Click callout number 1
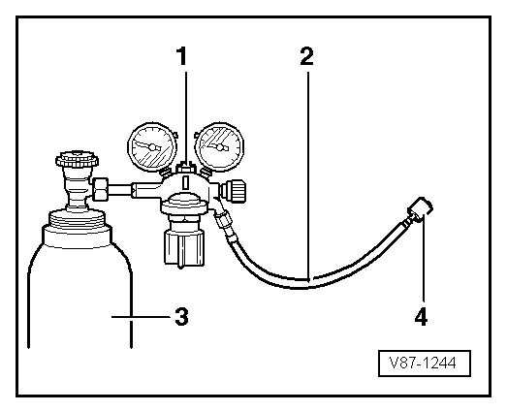(181, 56)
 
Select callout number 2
(306, 56)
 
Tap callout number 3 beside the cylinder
(181, 316)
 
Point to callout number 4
(421, 316)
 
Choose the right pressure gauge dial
(220, 146)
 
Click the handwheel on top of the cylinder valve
(77, 159)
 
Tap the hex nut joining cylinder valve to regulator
(100, 189)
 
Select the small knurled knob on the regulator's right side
(234, 191)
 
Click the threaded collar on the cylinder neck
(77, 219)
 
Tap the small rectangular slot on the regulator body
(185, 182)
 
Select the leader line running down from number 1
(185, 117)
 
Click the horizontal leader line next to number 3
(141, 317)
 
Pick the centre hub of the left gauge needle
(151, 147)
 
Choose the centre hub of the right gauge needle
(220, 147)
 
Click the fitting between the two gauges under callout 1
(184, 168)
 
